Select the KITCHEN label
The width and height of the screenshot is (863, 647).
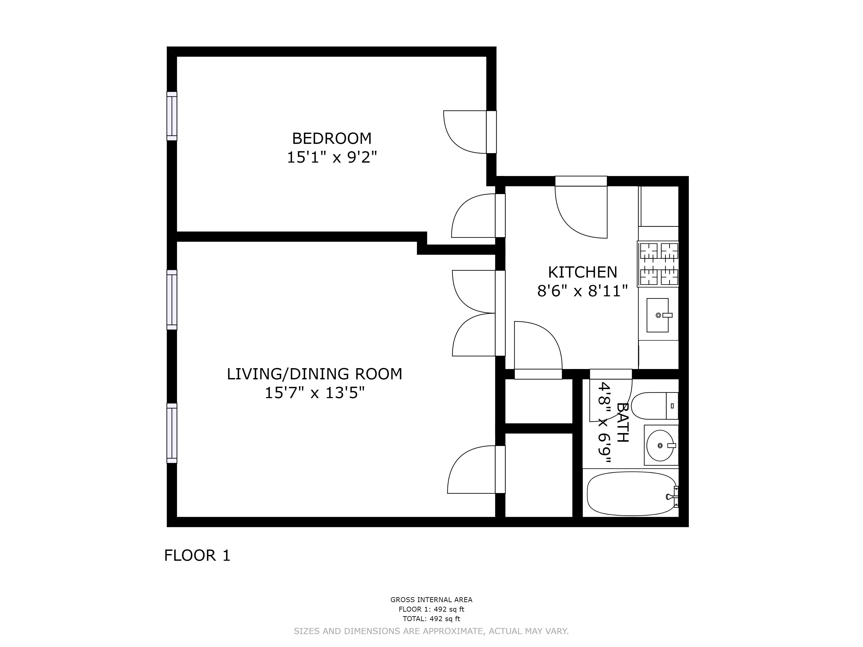pos(583,272)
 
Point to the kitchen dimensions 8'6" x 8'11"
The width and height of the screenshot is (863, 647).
pos(583,291)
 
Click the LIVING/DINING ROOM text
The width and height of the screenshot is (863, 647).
pos(315,374)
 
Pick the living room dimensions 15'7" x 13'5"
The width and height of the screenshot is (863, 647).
pos(315,393)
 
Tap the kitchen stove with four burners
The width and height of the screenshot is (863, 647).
pos(658,264)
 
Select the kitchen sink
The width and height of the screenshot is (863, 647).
pos(658,315)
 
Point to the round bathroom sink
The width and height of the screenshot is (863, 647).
pos(660,445)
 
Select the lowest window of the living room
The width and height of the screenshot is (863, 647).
pos(172,433)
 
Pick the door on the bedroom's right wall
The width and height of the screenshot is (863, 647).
pos(491,132)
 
